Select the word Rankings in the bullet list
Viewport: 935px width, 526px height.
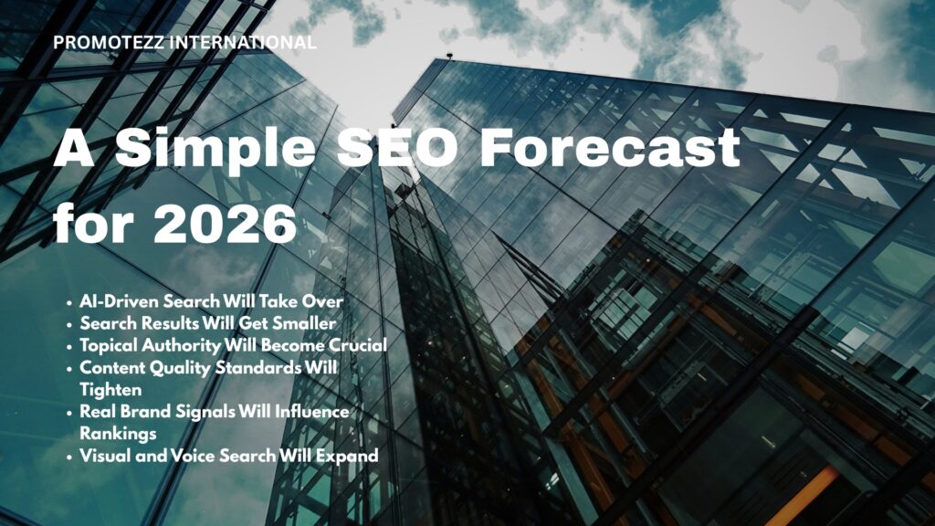pyautogui.click(x=115, y=434)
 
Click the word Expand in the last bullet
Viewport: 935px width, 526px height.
pyautogui.click(x=350, y=456)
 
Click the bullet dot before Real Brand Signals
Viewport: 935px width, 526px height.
pyautogui.click(x=70, y=413)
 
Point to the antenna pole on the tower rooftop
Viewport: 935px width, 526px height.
pyautogui.click(x=449, y=58)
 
